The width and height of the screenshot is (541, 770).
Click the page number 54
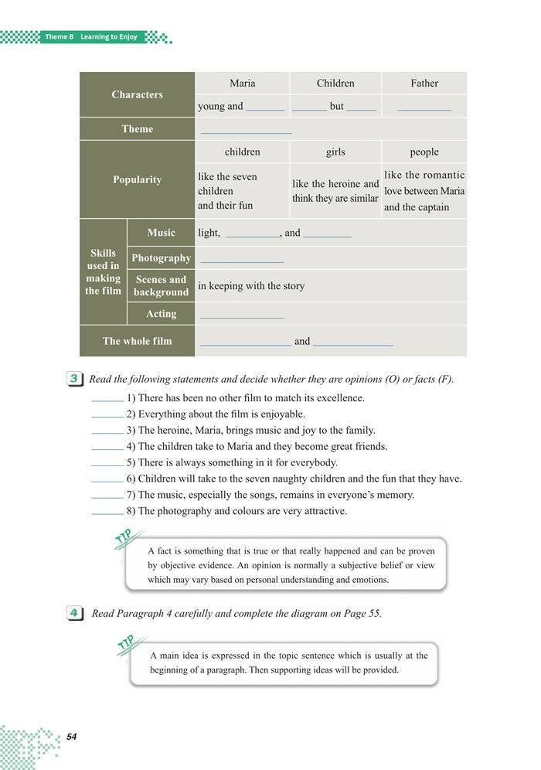(x=72, y=736)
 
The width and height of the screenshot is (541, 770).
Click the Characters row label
(x=137, y=94)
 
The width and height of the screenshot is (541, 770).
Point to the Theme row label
(x=137, y=129)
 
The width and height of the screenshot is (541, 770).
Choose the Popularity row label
(x=137, y=179)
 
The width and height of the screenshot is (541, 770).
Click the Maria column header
(x=242, y=83)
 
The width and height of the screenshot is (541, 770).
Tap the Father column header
(x=424, y=83)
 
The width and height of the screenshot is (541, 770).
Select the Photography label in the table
(x=161, y=258)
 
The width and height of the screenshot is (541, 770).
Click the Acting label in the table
(x=161, y=314)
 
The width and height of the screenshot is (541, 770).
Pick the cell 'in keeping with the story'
(x=251, y=286)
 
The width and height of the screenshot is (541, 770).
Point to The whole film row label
(x=137, y=341)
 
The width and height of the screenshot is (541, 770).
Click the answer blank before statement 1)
(x=107, y=400)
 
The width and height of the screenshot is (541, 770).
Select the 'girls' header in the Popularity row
(x=335, y=152)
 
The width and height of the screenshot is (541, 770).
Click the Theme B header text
(x=90, y=36)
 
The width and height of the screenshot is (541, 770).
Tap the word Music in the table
(x=161, y=233)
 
